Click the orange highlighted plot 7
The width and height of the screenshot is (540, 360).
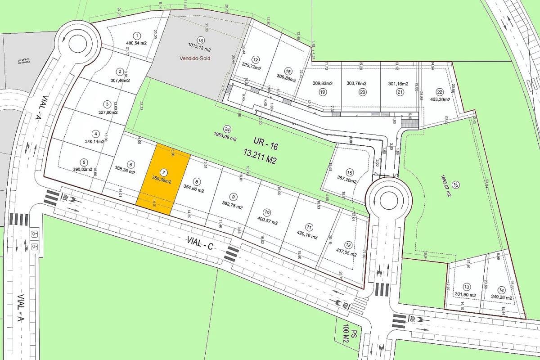point(163,178)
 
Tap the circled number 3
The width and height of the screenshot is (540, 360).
point(107,104)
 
